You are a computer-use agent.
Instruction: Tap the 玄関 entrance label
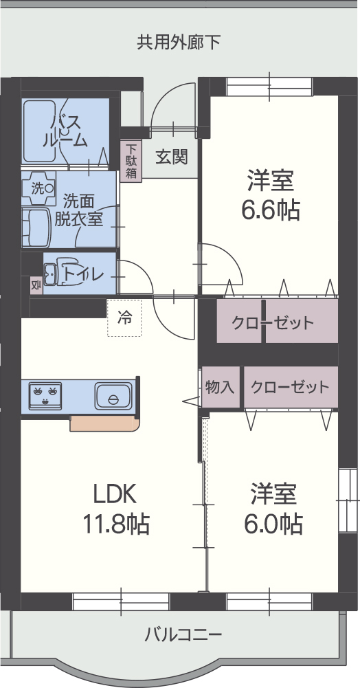tap(171, 157)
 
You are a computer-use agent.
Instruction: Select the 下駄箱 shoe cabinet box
tap(131, 161)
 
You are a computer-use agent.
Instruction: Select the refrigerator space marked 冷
tap(124, 318)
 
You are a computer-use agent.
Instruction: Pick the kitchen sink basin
tap(113, 397)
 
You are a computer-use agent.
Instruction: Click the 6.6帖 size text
tap(270, 210)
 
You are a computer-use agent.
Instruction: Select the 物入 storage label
tap(220, 387)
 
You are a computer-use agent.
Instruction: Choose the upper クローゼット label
tap(272, 322)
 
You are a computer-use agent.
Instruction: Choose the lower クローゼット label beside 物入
tap(290, 387)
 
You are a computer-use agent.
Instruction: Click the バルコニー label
tap(183, 633)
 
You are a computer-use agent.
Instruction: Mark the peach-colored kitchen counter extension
tap(104, 423)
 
